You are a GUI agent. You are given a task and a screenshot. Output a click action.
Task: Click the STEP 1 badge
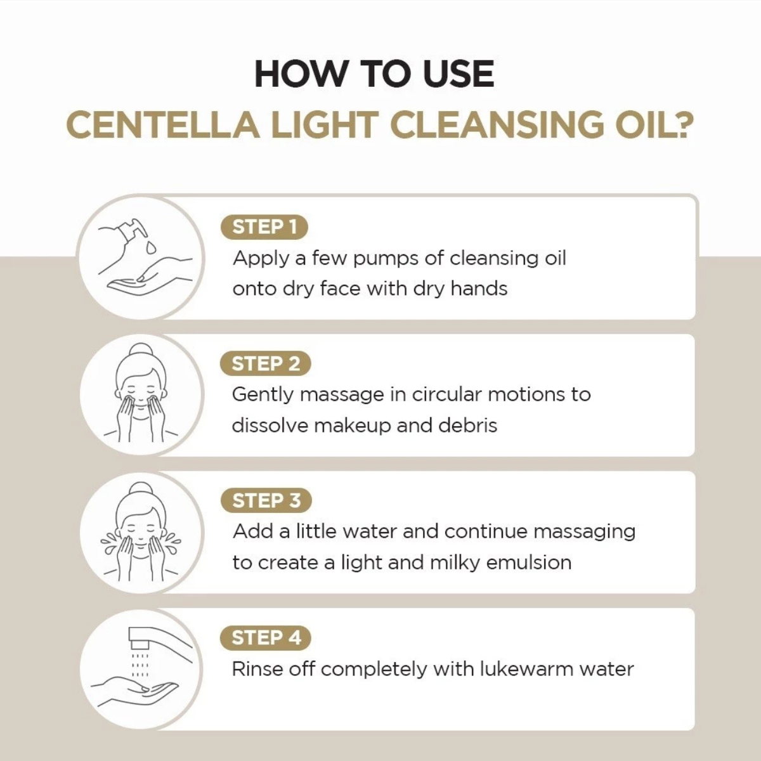click(263, 227)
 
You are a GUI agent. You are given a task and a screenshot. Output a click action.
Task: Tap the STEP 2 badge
click(265, 364)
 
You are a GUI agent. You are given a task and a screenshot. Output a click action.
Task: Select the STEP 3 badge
click(266, 501)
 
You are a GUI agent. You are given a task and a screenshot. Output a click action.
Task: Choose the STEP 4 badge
click(266, 638)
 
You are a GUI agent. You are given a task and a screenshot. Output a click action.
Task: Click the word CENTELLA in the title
click(162, 124)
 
